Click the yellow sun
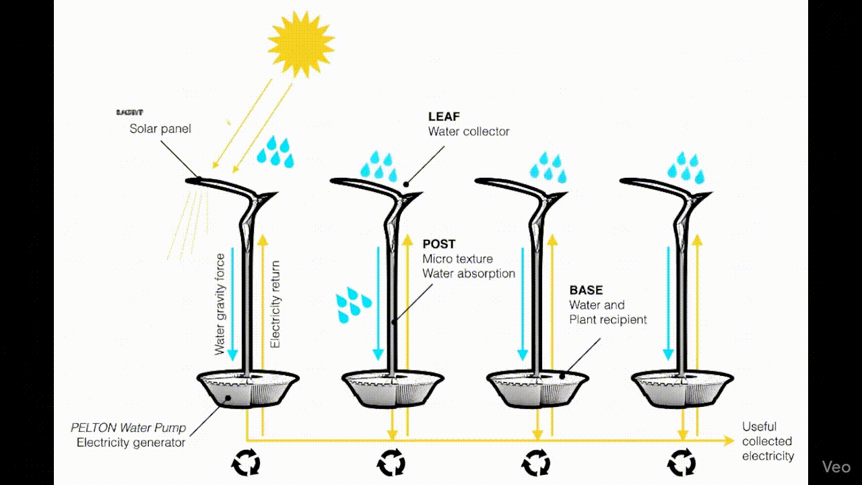point(301,42)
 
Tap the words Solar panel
point(160,128)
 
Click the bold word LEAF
point(444,117)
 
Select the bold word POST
point(439,244)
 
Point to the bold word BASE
point(586,290)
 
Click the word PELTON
point(95,428)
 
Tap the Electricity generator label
point(131,443)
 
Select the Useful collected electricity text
point(768,441)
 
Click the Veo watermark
point(836,467)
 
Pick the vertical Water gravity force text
point(220,304)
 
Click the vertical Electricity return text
point(275,304)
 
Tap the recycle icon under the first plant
point(245,463)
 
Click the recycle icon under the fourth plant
point(681,463)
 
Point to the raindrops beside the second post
point(353,304)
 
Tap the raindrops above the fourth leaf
point(686,168)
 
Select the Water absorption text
point(469,273)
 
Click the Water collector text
point(469,131)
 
